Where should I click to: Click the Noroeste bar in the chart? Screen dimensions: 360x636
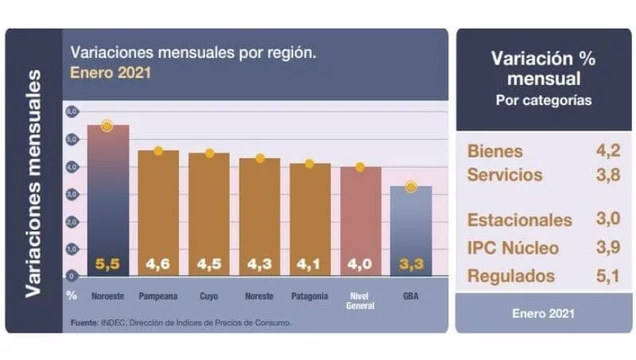107,199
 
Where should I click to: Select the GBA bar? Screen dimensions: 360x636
410,230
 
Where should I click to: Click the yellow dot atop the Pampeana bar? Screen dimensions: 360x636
158,151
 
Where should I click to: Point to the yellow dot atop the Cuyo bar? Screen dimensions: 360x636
210,153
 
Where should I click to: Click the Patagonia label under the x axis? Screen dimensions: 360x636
310,296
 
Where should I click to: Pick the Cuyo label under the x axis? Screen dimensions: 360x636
210,296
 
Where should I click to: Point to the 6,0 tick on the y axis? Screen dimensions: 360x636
71,111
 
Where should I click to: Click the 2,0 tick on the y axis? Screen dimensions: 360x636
71,222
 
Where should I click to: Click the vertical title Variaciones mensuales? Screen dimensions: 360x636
34,183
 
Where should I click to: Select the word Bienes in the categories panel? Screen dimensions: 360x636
495,151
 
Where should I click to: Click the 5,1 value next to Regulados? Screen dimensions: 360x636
605,276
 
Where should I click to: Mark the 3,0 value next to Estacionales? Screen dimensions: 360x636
605,219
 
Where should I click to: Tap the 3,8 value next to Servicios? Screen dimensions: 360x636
605,174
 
